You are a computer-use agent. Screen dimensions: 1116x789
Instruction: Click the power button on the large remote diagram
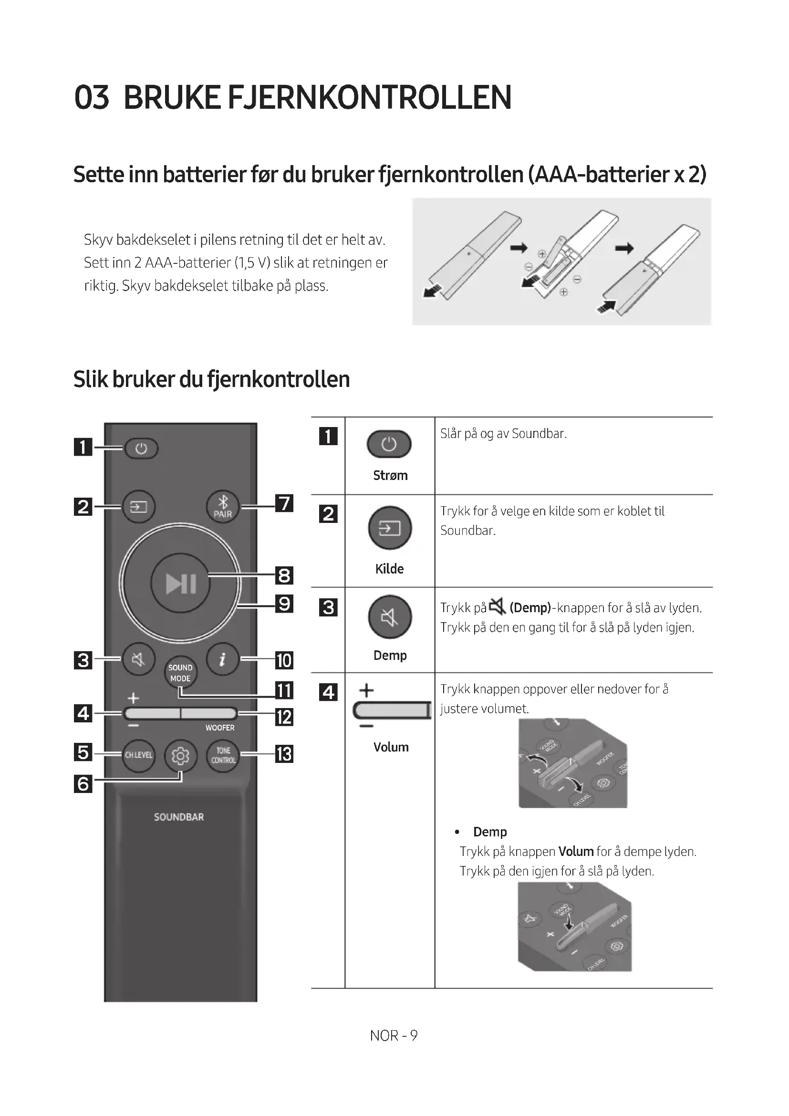tap(141, 448)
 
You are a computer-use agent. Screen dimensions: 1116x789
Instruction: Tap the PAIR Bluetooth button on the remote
tap(222, 507)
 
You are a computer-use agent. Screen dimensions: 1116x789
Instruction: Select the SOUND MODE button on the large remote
tap(180, 673)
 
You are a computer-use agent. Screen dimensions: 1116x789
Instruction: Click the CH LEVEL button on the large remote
tap(138, 755)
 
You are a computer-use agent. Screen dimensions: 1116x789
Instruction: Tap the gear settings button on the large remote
tap(180, 756)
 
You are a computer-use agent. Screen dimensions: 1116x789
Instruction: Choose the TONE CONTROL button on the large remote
tap(223, 755)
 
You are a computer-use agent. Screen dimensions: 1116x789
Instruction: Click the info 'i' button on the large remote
tap(222, 659)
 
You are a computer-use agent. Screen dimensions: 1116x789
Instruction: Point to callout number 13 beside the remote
tap(284, 754)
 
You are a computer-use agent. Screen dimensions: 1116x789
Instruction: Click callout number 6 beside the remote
tap(83, 783)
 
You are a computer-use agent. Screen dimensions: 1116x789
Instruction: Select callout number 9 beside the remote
tap(284, 604)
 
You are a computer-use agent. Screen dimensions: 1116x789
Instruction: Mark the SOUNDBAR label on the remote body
tap(179, 817)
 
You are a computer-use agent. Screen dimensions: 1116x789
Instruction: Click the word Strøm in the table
tap(390, 475)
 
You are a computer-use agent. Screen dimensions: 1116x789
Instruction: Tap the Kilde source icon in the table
tap(390, 528)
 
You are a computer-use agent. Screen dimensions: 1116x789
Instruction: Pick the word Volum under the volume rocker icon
tap(391, 747)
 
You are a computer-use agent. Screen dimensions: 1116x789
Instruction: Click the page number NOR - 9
tap(394, 1036)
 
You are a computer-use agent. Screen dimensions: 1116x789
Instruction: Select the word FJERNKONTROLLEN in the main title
tap(369, 97)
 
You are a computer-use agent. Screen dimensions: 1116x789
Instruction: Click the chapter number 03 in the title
tap(91, 97)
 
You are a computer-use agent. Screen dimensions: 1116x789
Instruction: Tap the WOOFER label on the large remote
tap(219, 728)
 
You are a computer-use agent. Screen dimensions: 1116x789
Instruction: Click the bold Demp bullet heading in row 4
tap(490, 832)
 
